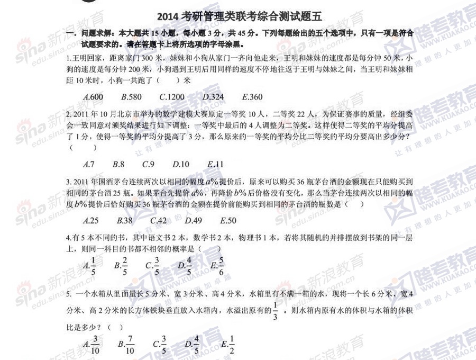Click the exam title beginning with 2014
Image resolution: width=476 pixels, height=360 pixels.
240,17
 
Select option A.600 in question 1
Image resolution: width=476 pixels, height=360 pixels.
94,97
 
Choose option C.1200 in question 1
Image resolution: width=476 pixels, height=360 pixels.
172,97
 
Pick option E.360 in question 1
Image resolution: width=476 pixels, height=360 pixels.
252,97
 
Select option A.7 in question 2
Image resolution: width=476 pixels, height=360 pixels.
89,164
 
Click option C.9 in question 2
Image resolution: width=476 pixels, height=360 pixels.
148,164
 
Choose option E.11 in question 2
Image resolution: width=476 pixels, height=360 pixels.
216,164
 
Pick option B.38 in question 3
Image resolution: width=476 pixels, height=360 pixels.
125,221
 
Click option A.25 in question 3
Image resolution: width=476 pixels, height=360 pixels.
91,221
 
